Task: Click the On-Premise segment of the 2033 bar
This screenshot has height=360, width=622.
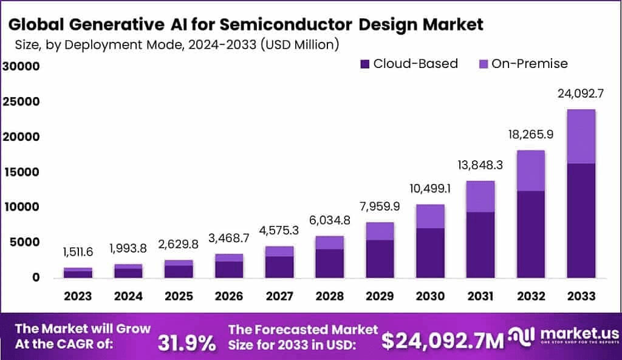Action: [580, 137]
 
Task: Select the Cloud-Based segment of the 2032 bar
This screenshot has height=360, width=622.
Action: [529, 234]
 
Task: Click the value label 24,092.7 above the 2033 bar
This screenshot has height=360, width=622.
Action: [579, 93]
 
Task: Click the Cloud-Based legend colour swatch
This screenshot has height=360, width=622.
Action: [364, 64]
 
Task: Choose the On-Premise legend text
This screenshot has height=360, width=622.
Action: [529, 64]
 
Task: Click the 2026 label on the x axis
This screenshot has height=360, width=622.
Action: [228, 296]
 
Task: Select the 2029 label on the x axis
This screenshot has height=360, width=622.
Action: [379, 296]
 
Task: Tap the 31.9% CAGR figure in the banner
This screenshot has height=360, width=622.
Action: [186, 343]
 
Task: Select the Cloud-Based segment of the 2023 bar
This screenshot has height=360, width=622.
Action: [78, 274]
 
